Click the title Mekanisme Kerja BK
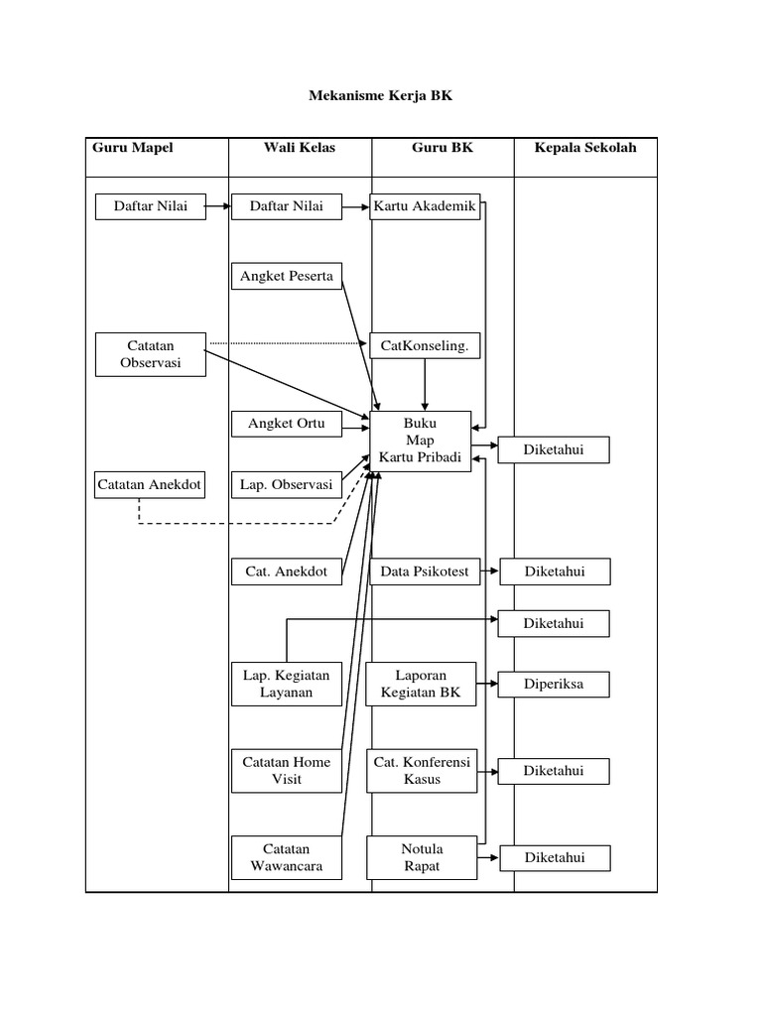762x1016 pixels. (x=382, y=96)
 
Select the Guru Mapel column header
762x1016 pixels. (x=133, y=148)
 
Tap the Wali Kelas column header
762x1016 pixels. (x=300, y=148)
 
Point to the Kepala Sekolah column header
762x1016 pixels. (x=585, y=148)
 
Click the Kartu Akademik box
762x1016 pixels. (x=426, y=207)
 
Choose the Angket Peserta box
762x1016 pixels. (x=287, y=276)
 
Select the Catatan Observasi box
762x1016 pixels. (x=150, y=355)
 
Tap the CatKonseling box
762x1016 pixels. (x=425, y=346)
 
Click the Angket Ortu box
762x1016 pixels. (x=287, y=424)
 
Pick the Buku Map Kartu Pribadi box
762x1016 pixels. (x=421, y=441)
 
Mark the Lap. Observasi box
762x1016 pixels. (x=287, y=485)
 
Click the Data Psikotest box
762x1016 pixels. (x=425, y=571)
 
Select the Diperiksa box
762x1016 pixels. (x=554, y=685)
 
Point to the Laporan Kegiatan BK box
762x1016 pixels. (x=422, y=684)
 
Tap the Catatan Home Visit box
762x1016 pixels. (x=287, y=770)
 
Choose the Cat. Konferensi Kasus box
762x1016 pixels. (x=422, y=770)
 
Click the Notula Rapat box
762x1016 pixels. (x=422, y=857)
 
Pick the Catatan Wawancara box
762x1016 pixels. (x=287, y=857)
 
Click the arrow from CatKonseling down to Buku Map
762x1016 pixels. (x=425, y=384)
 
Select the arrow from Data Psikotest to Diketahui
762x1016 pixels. (x=489, y=571)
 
